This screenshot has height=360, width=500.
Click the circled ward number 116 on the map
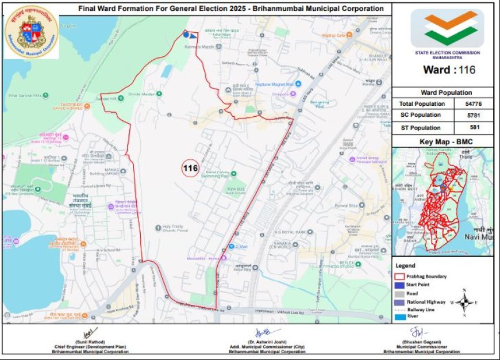[190, 168]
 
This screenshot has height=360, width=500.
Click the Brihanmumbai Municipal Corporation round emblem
[31, 32]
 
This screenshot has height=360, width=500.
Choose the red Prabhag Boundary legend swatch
[400, 277]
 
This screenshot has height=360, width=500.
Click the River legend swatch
[400, 317]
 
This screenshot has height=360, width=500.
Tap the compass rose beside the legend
[467, 302]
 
